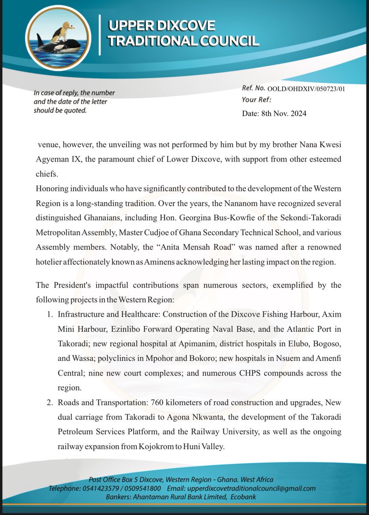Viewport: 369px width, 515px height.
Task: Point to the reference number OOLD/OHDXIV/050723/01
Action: (x=306, y=89)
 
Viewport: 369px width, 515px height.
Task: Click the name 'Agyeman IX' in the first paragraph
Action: (x=55, y=159)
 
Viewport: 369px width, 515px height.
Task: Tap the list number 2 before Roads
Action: (x=49, y=404)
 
